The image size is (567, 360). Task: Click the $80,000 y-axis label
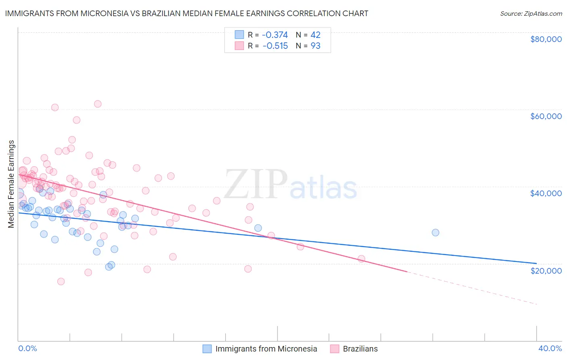click(546, 39)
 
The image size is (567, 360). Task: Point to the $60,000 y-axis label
click(546, 116)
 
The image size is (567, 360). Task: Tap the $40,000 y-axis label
click(546, 193)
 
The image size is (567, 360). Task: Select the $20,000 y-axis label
click(546, 270)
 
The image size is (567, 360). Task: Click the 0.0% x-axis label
click(27, 348)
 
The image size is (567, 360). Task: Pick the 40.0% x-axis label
click(550, 348)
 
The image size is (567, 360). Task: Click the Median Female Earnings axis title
click(11, 184)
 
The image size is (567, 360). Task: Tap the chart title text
click(186, 13)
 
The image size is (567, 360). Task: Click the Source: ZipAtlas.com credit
click(531, 13)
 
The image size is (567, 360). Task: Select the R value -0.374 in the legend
click(275, 35)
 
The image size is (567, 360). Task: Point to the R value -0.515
click(275, 46)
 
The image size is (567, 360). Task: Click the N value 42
click(315, 35)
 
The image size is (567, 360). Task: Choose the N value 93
click(315, 46)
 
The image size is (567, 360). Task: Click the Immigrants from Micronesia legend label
click(266, 349)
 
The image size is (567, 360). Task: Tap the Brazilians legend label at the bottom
click(360, 349)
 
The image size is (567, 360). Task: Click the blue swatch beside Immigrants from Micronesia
click(207, 349)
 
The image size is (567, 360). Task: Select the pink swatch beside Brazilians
click(335, 349)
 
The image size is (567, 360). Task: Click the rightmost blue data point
click(435, 232)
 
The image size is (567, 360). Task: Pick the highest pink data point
click(98, 104)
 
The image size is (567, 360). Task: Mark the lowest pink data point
click(61, 281)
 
